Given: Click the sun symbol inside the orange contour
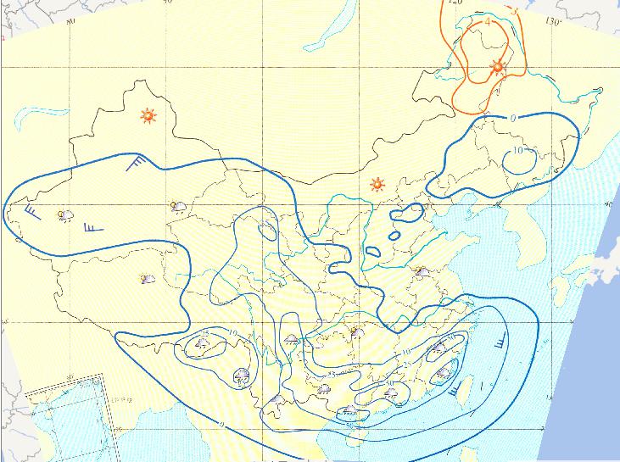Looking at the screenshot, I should click(498, 68).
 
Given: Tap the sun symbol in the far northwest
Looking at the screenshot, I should click(149, 115).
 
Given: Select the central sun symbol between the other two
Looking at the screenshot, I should click(377, 184).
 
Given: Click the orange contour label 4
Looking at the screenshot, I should click(488, 22).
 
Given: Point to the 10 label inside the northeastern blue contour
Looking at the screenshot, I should click(519, 150).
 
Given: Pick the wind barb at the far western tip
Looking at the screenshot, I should click(31, 209).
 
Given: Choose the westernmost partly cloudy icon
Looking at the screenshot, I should click(64, 215).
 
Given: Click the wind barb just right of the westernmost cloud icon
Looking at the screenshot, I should click(91, 226).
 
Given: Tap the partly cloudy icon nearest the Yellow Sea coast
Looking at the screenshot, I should click(419, 271).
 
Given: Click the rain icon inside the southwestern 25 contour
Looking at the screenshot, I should click(203, 343).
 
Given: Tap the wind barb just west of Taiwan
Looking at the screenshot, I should click(458, 388).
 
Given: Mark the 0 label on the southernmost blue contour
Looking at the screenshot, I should click(221, 424).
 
